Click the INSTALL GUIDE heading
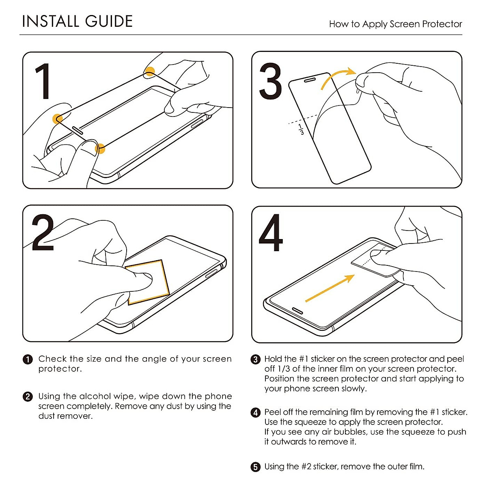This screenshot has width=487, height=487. pos(78,21)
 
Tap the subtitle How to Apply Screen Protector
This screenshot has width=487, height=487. pos(396,24)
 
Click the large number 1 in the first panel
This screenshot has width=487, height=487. pos(43,81)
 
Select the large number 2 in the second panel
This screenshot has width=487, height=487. pos(43,233)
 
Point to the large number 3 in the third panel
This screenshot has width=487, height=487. pos(270,81)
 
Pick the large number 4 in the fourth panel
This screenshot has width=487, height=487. pos(271,233)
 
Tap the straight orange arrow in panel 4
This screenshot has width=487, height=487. pos(330,289)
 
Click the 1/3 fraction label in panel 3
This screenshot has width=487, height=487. pos(301,129)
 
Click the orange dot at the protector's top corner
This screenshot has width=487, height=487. pos(150,71)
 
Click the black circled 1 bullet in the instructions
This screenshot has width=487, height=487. pos(28,360)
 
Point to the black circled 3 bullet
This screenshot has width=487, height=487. pos(256,360)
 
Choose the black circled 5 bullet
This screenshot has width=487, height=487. pos(256,467)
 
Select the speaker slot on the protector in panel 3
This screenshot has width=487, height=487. pos(310,80)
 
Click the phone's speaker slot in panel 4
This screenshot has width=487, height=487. pos(297,311)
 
